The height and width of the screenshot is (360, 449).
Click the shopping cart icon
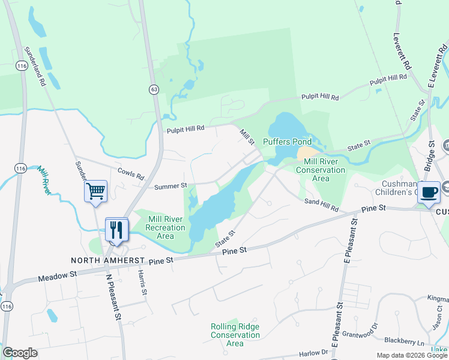point(95,191)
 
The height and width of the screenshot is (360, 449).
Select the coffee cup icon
point(429,192)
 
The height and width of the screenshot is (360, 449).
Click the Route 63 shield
point(154,89)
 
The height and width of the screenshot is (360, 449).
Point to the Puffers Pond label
point(288,142)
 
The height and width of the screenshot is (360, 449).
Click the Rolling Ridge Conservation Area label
point(235,335)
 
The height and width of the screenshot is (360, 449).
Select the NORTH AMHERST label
point(108,260)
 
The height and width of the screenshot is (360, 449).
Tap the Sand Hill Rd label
point(321,205)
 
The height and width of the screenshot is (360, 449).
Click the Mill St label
point(247,136)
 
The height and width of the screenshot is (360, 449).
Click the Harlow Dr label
point(312,352)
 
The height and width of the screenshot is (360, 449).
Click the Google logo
point(20,353)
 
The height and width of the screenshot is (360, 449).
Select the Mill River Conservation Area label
point(324,170)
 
